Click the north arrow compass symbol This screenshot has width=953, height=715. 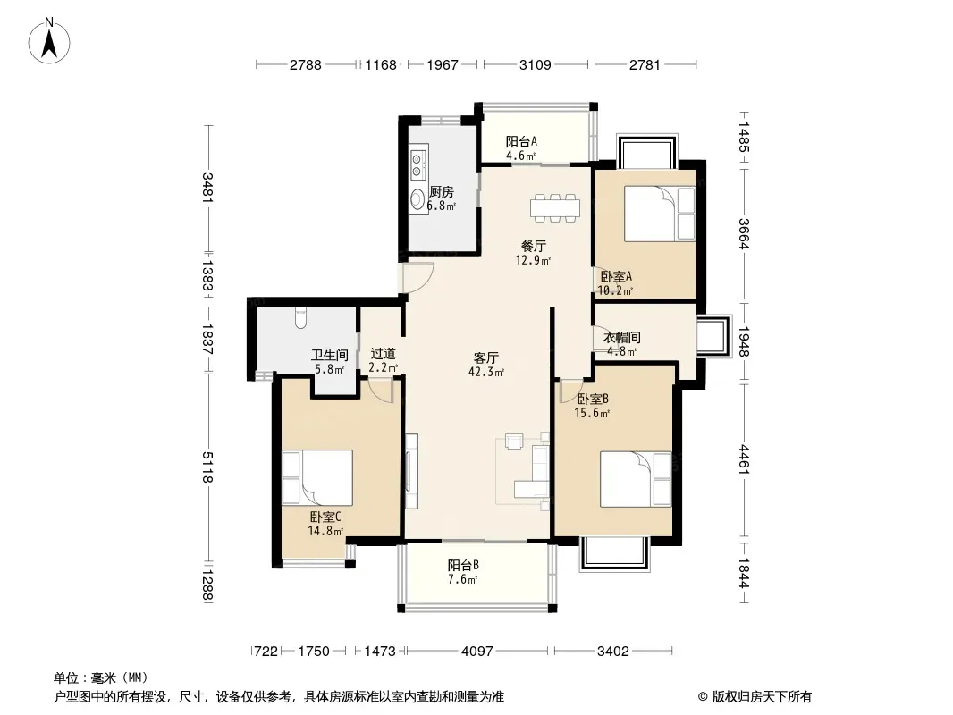coord(49,41)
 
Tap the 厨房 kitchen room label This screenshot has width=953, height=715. coord(442,192)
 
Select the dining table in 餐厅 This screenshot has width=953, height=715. coord(555,207)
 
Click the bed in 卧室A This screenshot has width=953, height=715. coord(660,214)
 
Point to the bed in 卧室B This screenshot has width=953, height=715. coord(636,479)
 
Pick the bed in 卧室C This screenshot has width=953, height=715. coord(317,477)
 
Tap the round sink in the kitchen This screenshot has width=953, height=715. coord(417,198)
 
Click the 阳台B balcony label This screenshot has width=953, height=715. coord(463,565)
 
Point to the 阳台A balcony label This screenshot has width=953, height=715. coord(521,141)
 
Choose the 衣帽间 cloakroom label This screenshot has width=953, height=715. coord(621,337)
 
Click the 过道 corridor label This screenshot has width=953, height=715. coord(383,353)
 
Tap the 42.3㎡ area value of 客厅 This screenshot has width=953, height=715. coord(486,372)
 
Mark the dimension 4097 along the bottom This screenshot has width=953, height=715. coord(477,652)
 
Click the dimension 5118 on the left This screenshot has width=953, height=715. coord(208,467)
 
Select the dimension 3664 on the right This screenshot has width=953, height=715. coord(745,233)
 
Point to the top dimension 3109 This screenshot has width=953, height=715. coord(536,64)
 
